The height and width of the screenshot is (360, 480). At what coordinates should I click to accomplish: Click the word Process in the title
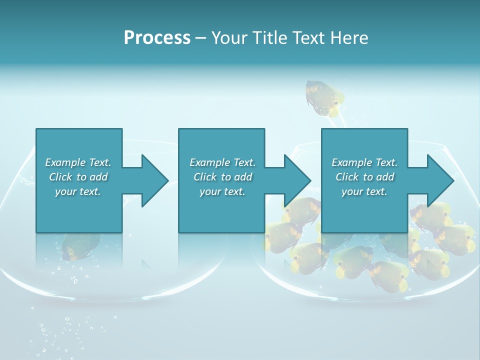[x=157, y=38]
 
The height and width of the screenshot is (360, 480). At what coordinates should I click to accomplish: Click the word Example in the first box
[x=65, y=162]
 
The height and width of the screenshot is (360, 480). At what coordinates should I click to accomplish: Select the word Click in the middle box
[x=204, y=177]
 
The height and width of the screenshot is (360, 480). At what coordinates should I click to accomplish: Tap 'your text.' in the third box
[x=364, y=191]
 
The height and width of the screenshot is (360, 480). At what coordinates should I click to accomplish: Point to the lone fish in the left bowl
[x=80, y=246]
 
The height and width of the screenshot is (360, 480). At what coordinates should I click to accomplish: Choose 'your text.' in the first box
[x=77, y=191]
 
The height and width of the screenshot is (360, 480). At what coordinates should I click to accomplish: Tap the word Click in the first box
[x=60, y=177]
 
